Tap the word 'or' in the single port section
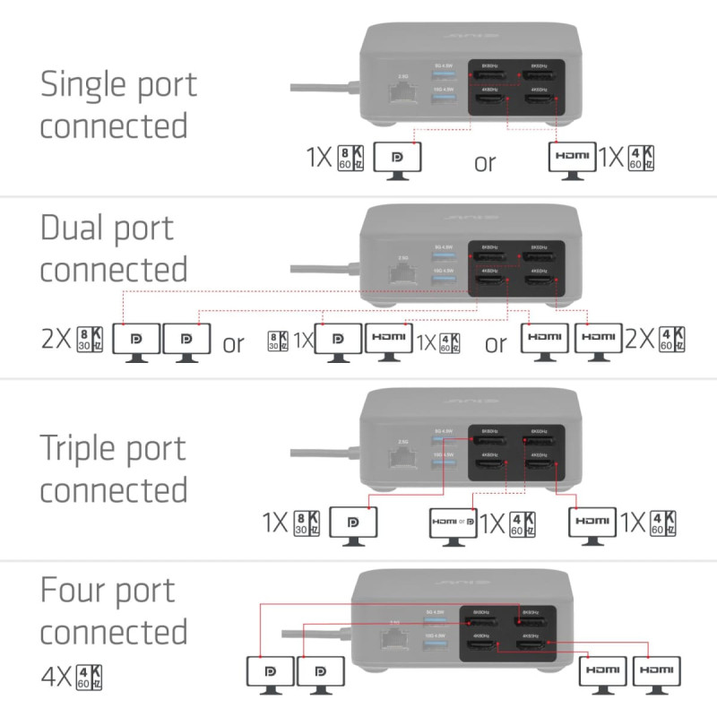point(485,163)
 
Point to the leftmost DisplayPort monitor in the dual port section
point(137,341)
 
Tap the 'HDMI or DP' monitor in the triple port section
point(453,524)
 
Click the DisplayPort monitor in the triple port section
point(354,524)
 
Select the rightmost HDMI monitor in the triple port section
point(593,524)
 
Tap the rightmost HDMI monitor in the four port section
point(656,672)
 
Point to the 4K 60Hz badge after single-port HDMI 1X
point(642,158)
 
